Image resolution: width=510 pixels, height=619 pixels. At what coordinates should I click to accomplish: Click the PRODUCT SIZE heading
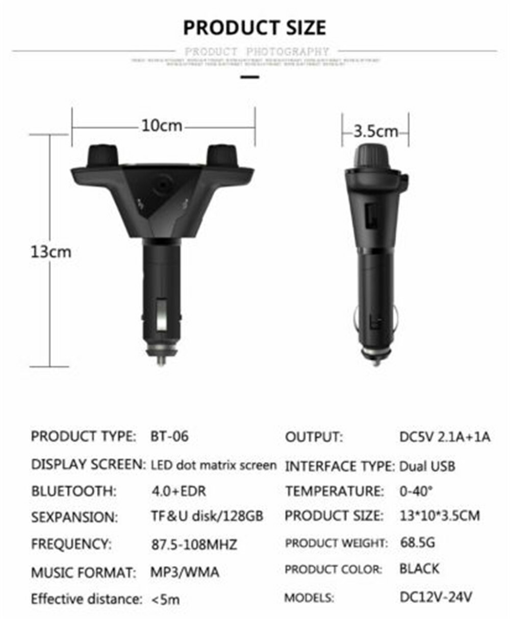(x=254, y=28)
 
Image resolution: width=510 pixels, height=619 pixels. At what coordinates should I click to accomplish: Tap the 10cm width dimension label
(x=162, y=126)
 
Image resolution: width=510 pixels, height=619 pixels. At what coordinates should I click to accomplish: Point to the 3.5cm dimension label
(x=375, y=131)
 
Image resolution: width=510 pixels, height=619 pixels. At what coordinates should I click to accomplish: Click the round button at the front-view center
(x=163, y=183)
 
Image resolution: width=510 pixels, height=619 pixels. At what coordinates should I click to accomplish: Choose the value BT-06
(x=169, y=437)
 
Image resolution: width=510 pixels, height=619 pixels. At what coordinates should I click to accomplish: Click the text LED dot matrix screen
(x=214, y=465)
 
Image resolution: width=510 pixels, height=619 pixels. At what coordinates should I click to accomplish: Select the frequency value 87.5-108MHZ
(x=194, y=544)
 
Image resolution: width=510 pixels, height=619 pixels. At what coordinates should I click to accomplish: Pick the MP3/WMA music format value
(x=185, y=572)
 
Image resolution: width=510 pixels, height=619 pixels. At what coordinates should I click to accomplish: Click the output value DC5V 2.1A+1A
(x=445, y=437)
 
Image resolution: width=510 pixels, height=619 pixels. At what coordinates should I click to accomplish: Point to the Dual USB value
(x=427, y=466)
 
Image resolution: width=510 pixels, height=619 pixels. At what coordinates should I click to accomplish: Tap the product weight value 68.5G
(x=417, y=542)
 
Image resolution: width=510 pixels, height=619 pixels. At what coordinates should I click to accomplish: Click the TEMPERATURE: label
(x=335, y=491)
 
